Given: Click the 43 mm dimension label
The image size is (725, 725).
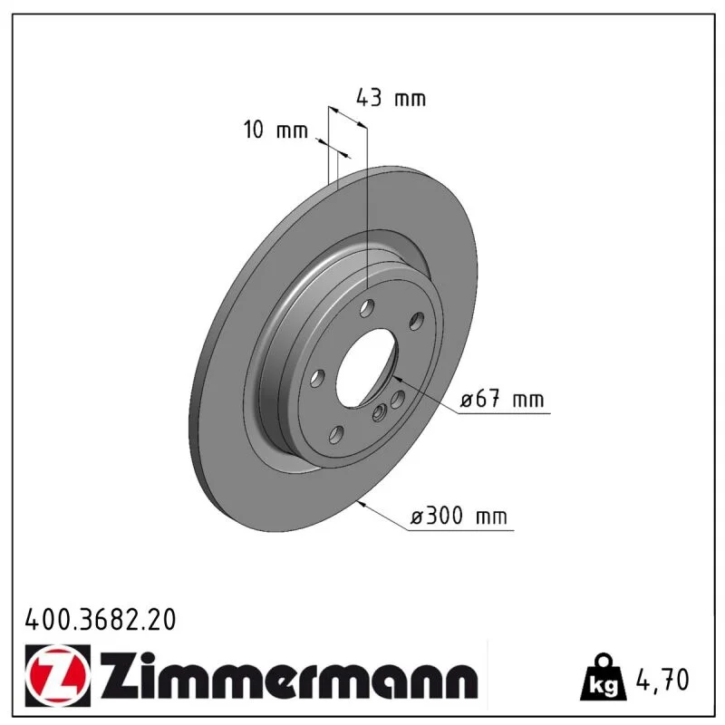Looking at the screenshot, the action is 391,98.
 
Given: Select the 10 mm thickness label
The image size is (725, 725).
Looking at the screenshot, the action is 275,130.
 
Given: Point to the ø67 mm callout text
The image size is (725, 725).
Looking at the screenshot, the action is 503,399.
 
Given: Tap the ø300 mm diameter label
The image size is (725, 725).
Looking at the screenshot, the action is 459,516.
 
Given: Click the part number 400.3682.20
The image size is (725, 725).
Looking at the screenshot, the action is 101,620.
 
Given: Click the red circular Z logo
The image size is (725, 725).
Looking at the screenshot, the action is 56,675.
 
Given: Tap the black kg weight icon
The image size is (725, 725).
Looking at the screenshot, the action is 603,677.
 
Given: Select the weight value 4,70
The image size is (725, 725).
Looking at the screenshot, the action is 662,680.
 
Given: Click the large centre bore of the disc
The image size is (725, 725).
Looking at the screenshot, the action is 366,369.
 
